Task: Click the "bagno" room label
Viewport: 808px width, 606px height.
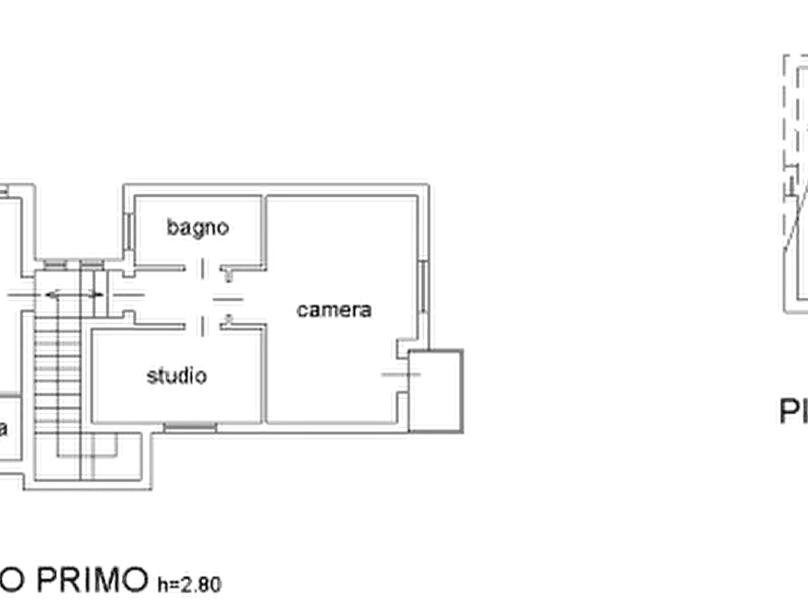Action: (x=197, y=228)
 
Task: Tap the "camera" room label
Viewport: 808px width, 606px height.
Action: (x=335, y=310)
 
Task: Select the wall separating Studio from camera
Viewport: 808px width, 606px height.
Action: (x=264, y=371)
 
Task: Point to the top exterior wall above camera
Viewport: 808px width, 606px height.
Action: (x=344, y=188)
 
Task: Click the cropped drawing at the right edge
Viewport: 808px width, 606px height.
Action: (x=794, y=181)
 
